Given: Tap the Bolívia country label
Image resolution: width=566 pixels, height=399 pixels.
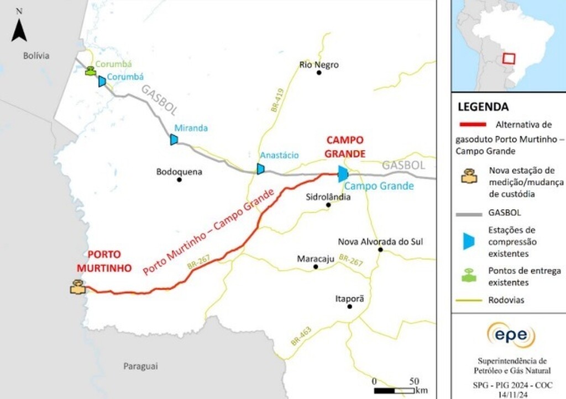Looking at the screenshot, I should coord(36,56).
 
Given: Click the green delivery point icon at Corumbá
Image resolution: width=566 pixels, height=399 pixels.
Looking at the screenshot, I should coord(90,71).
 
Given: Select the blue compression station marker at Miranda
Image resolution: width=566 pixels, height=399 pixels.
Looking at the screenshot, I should coord(174,140).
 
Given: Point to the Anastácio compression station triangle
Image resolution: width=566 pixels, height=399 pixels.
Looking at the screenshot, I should coord(260,169).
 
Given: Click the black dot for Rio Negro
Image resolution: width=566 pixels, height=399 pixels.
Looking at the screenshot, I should coord(319,72).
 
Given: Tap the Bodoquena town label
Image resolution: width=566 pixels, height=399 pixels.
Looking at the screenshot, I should coord(179,172).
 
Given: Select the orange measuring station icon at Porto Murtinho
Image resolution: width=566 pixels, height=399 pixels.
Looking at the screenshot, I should coord(77,287).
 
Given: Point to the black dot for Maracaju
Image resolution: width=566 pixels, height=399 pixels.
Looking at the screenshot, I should coord(316,267).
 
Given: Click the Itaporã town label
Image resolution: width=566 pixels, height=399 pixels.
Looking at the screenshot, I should coord(350,298).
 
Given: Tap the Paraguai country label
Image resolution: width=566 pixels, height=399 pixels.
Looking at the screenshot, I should coord(140,366).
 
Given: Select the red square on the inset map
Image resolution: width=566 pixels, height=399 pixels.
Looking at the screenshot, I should coord(509,59).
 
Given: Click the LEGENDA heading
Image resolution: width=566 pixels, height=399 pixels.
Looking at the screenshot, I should coord(483,107).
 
